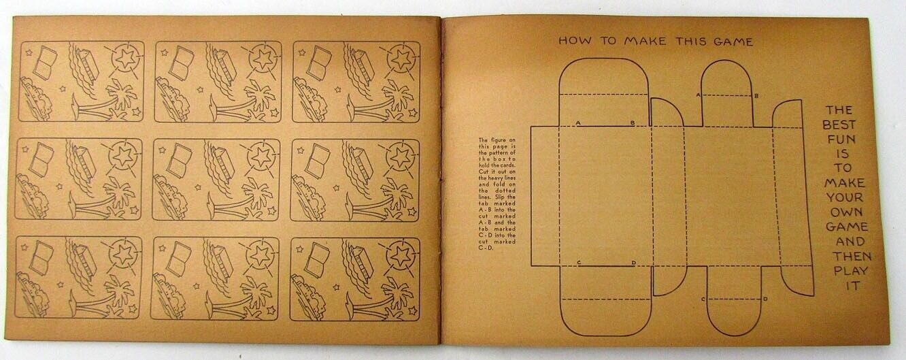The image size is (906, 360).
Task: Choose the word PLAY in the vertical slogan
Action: (x=843, y=271)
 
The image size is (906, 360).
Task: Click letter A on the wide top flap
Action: (x=578, y=123)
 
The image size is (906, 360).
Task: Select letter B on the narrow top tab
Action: (x=756, y=96)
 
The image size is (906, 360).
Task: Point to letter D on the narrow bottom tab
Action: (x=765, y=299)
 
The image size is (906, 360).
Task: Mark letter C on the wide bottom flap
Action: (x=578, y=263)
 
